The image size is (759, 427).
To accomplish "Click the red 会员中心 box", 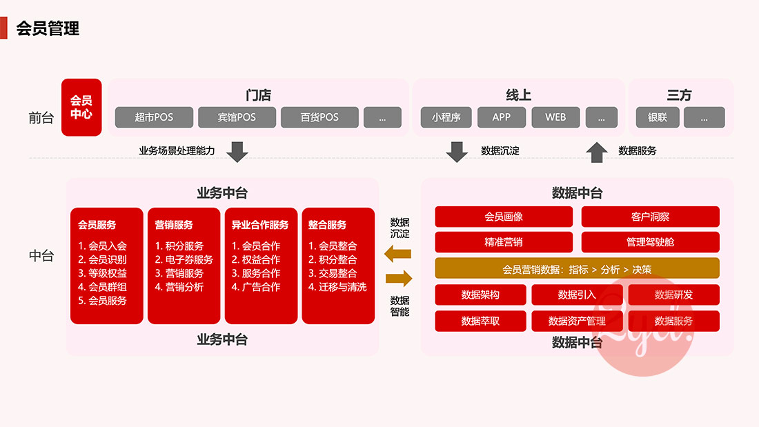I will pyautogui.click(x=81, y=107).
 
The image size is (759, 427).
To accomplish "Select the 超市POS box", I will pyautogui.click(x=154, y=117).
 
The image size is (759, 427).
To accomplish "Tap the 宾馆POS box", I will pyautogui.click(x=237, y=117).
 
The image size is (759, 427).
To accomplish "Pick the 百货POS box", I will pyautogui.click(x=319, y=117).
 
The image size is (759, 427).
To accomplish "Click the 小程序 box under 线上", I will pyautogui.click(x=446, y=117).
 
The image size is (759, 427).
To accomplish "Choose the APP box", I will pyautogui.click(x=502, y=117).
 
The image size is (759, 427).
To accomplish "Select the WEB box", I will pyautogui.click(x=555, y=117).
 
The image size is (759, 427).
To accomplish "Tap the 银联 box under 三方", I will pyautogui.click(x=658, y=117).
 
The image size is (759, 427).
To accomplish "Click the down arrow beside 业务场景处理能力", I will pyautogui.click(x=237, y=151).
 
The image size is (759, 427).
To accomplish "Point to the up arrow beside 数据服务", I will pyautogui.click(x=597, y=152).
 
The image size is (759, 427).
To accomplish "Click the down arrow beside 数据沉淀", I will pyautogui.click(x=457, y=151).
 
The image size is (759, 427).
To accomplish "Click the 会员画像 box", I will pyautogui.click(x=504, y=217).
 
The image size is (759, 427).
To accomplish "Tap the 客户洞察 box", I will pyautogui.click(x=650, y=217).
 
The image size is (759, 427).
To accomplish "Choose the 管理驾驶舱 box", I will pyautogui.click(x=650, y=242).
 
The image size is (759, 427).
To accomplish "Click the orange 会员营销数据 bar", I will pyautogui.click(x=577, y=268).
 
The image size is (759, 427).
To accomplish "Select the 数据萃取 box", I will pyautogui.click(x=480, y=321).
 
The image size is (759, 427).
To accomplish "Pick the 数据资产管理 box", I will pyautogui.click(x=577, y=321).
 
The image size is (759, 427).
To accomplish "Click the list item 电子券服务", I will pyautogui.click(x=184, y=259).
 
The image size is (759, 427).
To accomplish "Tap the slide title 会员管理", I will pyautogui.click(x=48, y=28).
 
